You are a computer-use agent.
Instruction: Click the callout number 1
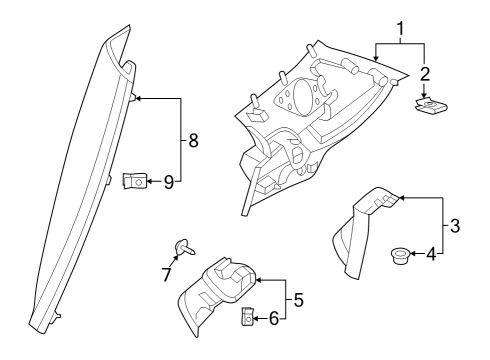pyautogui.click(x=400, y=31)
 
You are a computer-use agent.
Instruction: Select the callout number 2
pyautogui.click(x=425, y=75)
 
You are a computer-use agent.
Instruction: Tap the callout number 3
pyautogui.click(x=455, y=226)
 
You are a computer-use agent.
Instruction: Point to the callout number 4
pyautogui.click(x=431, y=254)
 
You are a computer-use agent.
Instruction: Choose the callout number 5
pyautogui.click(x=298, y=299)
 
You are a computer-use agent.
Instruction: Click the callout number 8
pyautogui.click(x=193, y=141)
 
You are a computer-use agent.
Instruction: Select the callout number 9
pyautogui.click(x=168, y=181)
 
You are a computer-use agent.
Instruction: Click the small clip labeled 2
pyautogui.click(x=430, y=105)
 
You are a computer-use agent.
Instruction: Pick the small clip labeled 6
pyautogui.click(x=248, y=318)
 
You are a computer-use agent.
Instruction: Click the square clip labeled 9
pyautogui.click(x=133, y=181)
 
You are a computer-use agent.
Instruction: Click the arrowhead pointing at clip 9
pyautogui.click(x=149, y=181)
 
